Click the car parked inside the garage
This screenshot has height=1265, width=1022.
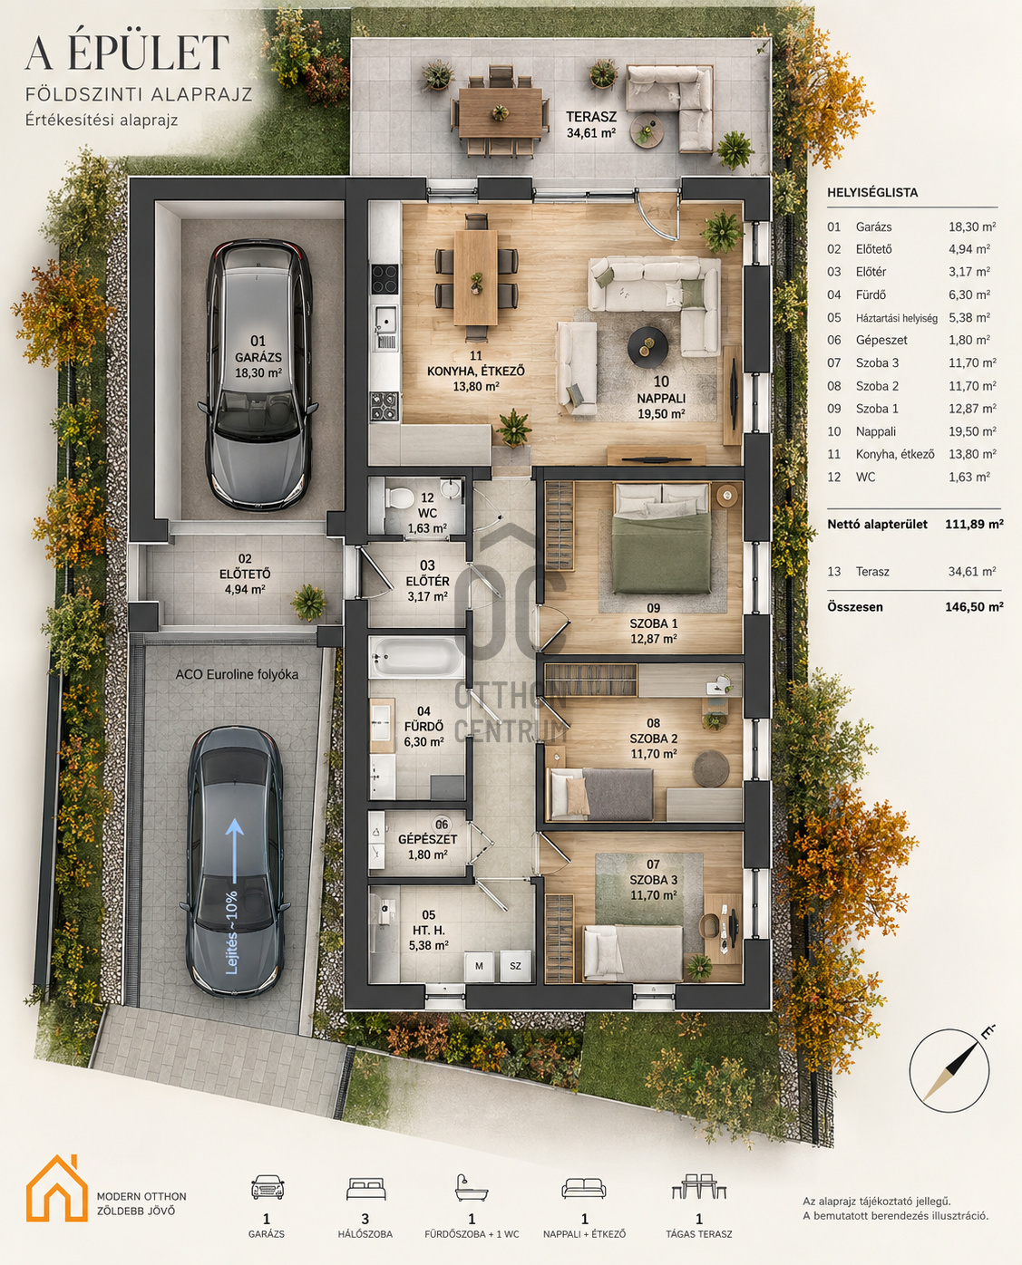[258, 374]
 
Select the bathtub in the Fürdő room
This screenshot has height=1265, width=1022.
[416, 657]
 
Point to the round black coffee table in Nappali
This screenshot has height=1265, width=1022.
[647, 345]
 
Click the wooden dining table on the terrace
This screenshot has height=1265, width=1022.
[501, 113]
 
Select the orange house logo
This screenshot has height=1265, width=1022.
[56, 1188]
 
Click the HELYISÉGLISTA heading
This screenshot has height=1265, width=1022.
[872, 192]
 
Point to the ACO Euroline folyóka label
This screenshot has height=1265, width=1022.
[237, 674]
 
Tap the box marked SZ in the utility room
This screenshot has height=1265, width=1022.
[515, 966]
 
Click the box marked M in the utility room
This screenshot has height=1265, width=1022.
[479, 966]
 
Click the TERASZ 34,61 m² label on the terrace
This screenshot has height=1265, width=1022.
[590, 125]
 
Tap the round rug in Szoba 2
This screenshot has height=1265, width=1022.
[711, 768]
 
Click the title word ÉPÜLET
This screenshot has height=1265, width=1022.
[148, 53]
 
